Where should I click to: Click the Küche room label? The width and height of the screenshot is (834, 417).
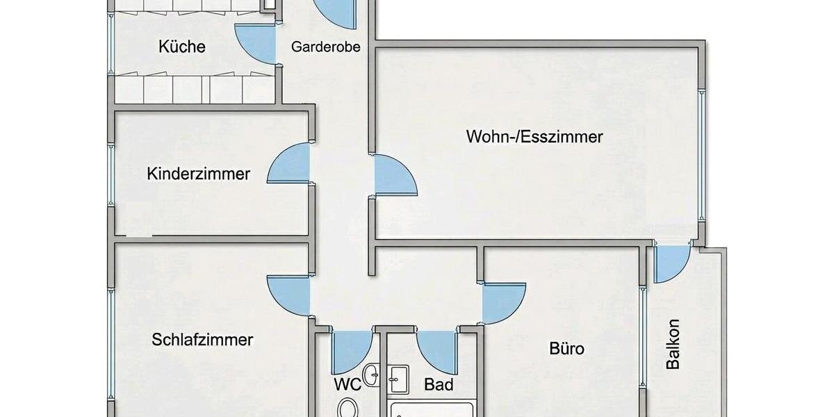point(182,47)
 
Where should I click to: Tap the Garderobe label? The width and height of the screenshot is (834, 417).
point(325,47)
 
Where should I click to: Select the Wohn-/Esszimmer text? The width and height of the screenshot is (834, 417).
point(534,136)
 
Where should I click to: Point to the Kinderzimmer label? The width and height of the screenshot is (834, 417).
point(198,173)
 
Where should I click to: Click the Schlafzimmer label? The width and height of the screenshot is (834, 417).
point(202,340)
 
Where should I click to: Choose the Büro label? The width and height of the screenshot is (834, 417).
point(566,348)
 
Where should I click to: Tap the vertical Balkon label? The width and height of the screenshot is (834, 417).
point(672,343)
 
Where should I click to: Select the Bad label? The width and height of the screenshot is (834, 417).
point(439,384)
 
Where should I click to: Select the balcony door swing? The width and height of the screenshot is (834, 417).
point(670,262)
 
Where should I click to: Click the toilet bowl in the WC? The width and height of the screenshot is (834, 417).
point(347,407)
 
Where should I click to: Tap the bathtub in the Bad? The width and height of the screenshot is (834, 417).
point(432,410)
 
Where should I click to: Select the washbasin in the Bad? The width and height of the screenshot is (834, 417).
point(399,379)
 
